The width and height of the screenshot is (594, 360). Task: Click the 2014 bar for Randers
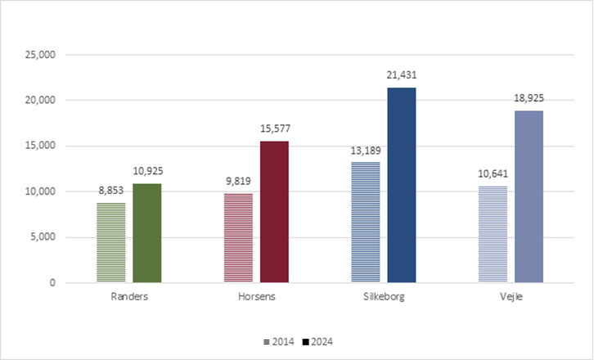[x=111, y=243]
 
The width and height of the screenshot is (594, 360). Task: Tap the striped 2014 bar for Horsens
[x=238, y=238]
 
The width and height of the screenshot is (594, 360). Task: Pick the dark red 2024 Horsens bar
[x=274, y=212]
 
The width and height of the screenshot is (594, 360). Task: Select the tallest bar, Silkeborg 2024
[x=401, y=185]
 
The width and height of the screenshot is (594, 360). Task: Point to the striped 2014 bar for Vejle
[x=492, y=234]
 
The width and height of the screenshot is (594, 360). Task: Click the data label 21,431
[x=401, y=75]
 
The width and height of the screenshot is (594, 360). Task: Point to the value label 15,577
[x=274, y=128]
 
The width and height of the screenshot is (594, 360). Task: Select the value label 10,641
[x=492, y=173]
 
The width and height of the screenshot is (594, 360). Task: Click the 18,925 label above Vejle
[x=528, y=98]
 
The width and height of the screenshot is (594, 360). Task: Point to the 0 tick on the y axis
[x=51, y=283]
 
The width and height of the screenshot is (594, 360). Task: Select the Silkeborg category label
[x=383, y=297]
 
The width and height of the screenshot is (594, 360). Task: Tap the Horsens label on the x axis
[x=256, y=297]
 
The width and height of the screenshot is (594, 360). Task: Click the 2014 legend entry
[x=281, y=341]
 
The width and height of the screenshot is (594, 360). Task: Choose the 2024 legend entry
[x=319, y=341]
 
